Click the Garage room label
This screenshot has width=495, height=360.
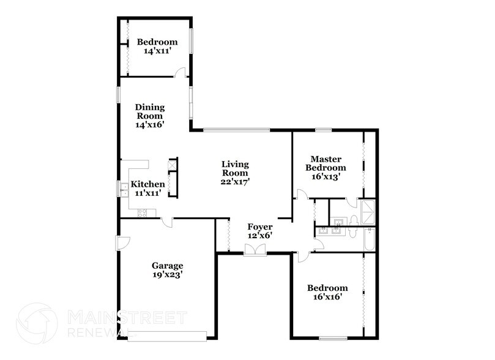167,266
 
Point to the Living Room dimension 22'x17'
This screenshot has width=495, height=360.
236,181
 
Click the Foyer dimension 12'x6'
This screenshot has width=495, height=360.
259,235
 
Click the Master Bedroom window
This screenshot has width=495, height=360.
323,129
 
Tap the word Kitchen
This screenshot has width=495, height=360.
148,184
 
